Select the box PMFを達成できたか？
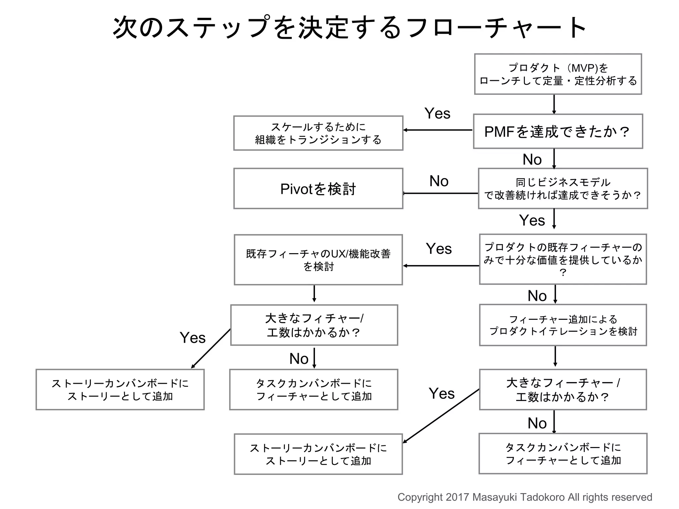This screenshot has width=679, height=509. point(558,132)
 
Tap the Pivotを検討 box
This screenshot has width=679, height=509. point(318,189)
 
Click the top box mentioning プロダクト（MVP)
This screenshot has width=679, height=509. point(558,74)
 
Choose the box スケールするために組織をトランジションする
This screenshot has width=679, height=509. point(318,133)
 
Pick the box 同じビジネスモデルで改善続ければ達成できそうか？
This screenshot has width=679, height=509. point(563,189)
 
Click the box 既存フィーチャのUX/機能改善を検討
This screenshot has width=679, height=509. point(318,260)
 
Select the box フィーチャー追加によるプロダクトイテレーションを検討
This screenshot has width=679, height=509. point(563,325)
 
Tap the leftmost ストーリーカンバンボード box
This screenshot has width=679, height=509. point(120,390)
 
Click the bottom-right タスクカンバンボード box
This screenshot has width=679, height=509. point(563,454)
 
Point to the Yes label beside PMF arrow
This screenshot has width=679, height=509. point(437,114)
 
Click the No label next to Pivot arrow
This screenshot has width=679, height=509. point(439,181)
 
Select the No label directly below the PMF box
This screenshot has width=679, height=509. point(532,160)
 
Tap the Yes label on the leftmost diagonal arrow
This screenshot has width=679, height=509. point(192,338)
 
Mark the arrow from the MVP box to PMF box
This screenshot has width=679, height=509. point(554,104)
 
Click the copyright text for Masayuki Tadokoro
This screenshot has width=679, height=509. point(525,497)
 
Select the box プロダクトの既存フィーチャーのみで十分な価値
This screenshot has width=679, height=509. point(563,259)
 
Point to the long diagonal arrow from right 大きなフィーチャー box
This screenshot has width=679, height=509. point(441,416)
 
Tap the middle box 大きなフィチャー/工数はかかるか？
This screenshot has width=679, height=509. point(314,325)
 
